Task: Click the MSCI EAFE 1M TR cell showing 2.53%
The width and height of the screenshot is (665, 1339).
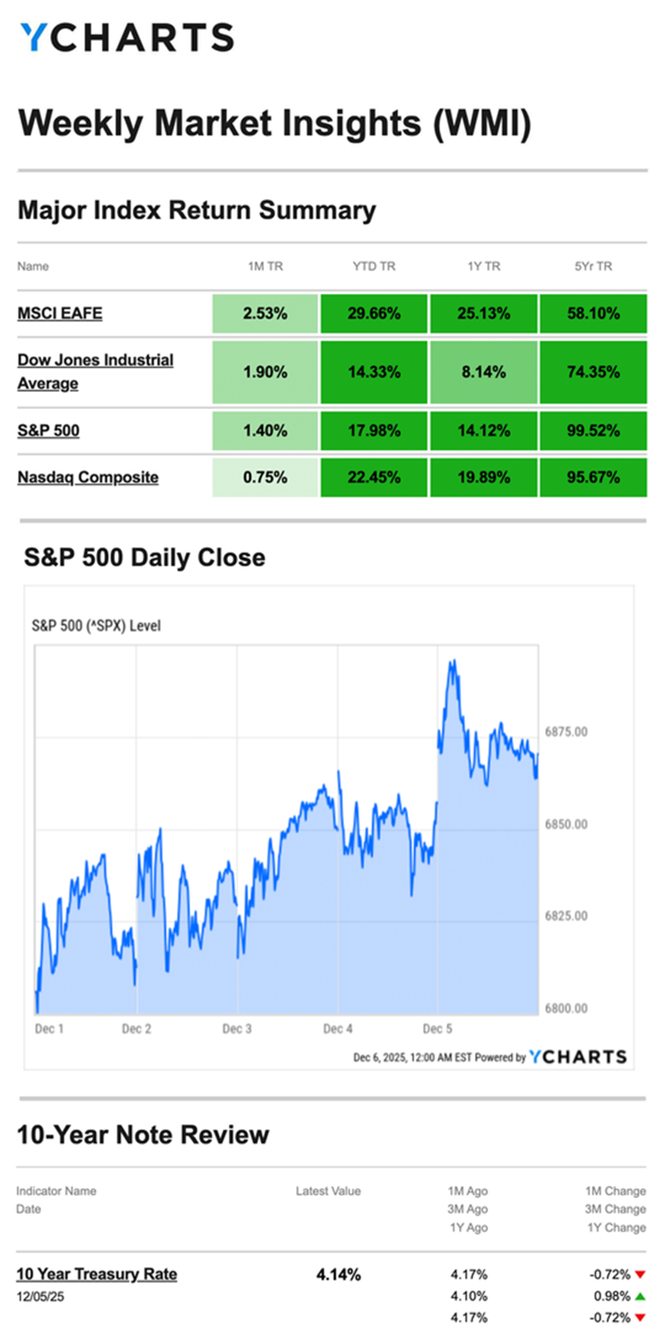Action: click(x=265, y=313)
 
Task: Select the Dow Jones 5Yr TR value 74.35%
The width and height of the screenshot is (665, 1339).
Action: click(x=593, y=372)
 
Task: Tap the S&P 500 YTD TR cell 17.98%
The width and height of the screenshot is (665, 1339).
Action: click(x=374, y=430)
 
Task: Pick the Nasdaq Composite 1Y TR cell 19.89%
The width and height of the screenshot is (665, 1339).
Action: click(x=484, y=477)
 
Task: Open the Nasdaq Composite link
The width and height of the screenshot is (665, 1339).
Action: click(x=88, y=477)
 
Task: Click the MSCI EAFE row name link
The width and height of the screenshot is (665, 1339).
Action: click(x=60, y=313)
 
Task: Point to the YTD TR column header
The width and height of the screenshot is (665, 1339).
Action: click(x=374, y=266)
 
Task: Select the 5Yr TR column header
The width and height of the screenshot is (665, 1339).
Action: click(x=593, y=266)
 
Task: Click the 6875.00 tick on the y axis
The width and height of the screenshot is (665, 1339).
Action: click(x=566, y=732)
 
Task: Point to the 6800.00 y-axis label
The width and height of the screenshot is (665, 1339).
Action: click(x=566, y=1008)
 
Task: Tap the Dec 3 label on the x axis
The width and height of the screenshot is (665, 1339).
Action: click(x=236, y=1029)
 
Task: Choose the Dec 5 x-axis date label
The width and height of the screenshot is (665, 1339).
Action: click(x=437, y=1029)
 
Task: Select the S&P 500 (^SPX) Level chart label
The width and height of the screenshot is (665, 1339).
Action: click(x=96, y=626)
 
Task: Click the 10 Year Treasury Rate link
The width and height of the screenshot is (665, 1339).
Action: click(x=96, y=1274)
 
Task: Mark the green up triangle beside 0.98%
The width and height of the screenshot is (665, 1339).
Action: click(x=640, y=1296)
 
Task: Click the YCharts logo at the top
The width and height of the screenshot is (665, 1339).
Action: click(x=127, y=37)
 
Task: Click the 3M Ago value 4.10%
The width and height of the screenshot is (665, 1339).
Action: click(x=469, y=1296)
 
